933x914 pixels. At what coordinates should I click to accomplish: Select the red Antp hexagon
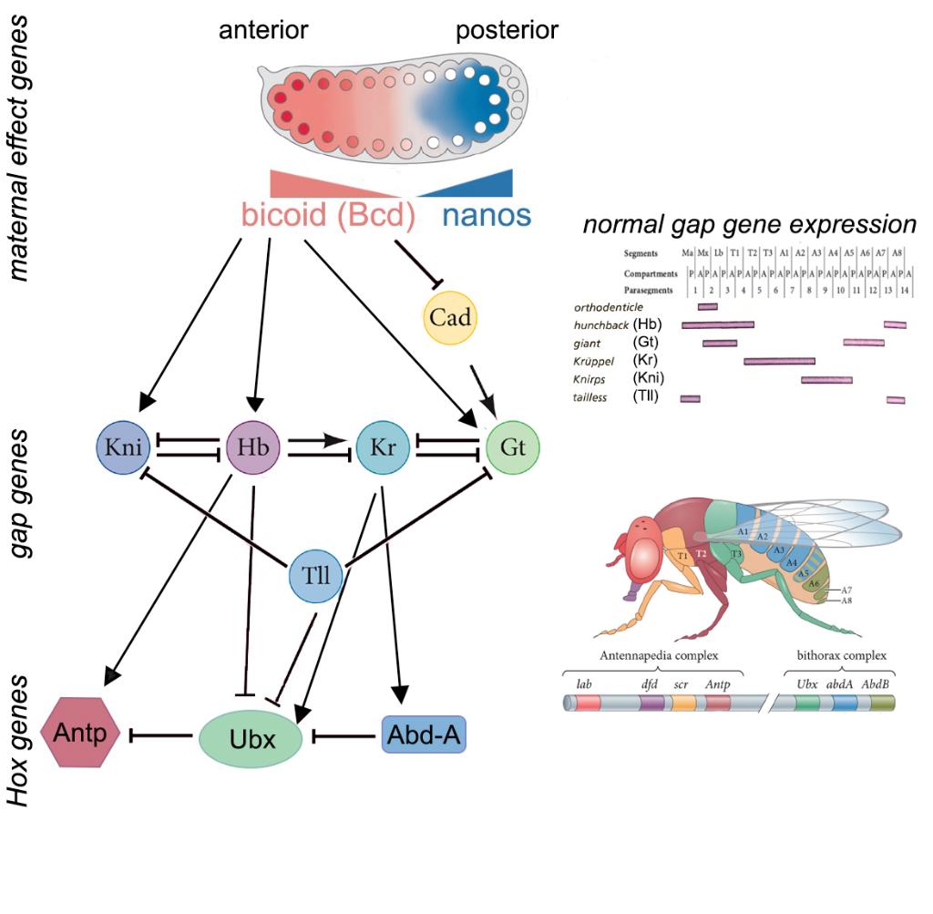point(80,732)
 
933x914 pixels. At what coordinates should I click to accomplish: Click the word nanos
point(486,216)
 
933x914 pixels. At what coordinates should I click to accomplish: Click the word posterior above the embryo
point(507,31)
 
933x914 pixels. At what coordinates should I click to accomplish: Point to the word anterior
point(263,31)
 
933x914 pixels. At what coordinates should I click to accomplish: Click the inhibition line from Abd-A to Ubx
point(346,734)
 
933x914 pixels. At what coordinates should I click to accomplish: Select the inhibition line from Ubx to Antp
point(164,734)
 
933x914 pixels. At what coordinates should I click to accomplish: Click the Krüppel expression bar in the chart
point(779,362)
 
